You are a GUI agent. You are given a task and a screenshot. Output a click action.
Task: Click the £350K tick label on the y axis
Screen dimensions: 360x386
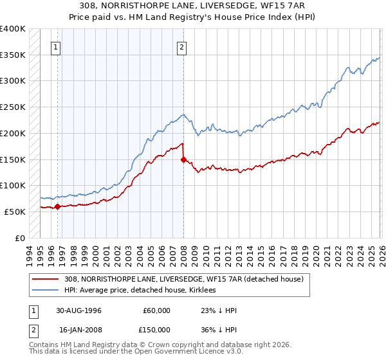[13, 55]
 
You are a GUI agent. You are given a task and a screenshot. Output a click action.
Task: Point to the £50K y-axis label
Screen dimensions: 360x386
[15, 212]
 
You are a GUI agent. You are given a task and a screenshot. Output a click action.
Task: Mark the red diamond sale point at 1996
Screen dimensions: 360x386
[58, 206]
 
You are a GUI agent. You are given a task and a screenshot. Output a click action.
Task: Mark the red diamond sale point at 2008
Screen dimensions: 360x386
[183, 159]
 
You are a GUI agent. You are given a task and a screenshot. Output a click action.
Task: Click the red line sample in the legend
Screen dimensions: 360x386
[45, 279]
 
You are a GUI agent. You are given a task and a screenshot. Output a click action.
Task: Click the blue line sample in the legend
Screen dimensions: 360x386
[45, 290]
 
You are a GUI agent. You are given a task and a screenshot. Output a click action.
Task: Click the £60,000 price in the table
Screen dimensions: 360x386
[156, 310]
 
